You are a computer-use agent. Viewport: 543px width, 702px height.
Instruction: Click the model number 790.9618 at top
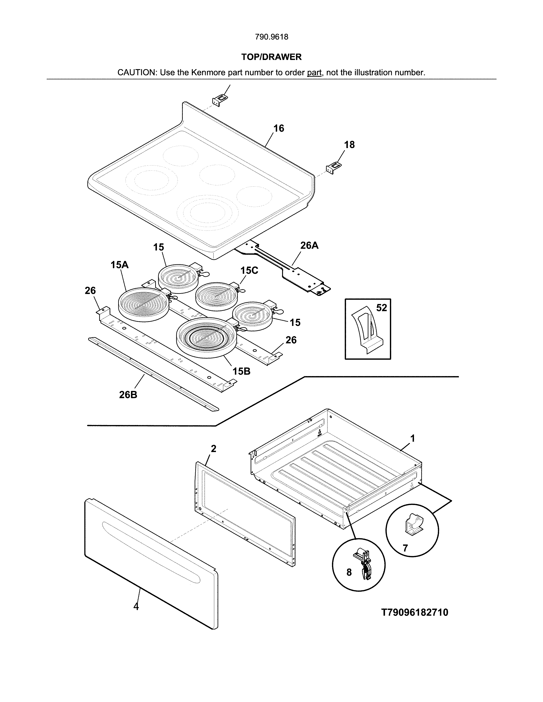[x=271, y=37]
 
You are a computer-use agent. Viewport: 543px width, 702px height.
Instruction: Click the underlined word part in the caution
[x=314, y=73]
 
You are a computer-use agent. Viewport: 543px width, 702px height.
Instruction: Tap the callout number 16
[x=279, y=128]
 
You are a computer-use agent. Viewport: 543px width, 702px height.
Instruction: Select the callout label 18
[x=349, y=145]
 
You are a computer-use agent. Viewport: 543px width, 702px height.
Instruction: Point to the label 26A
[x=309, y=245]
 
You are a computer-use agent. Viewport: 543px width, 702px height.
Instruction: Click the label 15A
[x=119, y=265]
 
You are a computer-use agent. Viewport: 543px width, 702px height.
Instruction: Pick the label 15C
[x=249, y=270]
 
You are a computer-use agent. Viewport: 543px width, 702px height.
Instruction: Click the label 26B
[x=128, y=394]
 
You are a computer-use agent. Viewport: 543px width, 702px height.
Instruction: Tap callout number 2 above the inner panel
[x=213, y=448]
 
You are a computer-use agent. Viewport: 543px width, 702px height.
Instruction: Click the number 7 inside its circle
[x=405, y=548]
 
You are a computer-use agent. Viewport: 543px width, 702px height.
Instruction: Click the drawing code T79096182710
[x=415, y=612]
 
